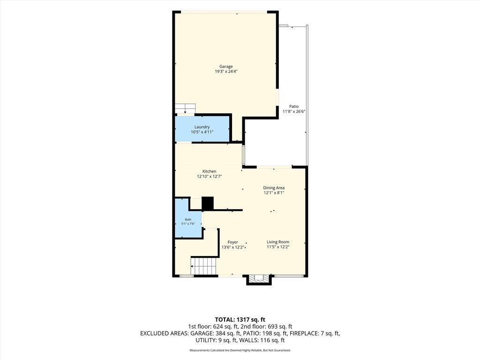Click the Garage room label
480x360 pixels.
tap(226, 67)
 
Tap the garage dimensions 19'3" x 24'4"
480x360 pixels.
tap(226, 72)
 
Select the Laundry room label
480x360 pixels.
tap(202, 127)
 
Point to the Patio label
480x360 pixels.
tap(294, 106)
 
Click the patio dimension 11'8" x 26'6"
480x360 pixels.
tap(294, 112)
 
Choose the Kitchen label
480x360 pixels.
tap(210, 172)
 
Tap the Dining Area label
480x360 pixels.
tap(274, 187)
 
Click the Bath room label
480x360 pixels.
tap(188, 219)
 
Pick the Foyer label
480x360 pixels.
tap(232, 242)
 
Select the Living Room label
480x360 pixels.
tap(278, 242)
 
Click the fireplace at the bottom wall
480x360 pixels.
tap(259, 279)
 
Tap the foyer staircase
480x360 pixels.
tap(204, 266)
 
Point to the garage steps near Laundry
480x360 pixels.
tap(185, 108)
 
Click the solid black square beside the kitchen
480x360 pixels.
tap(208, 203)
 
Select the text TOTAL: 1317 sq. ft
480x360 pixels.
tap(240, 320)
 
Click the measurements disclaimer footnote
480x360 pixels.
tap(240, 350)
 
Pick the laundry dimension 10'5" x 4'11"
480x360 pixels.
tap(202, 132)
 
